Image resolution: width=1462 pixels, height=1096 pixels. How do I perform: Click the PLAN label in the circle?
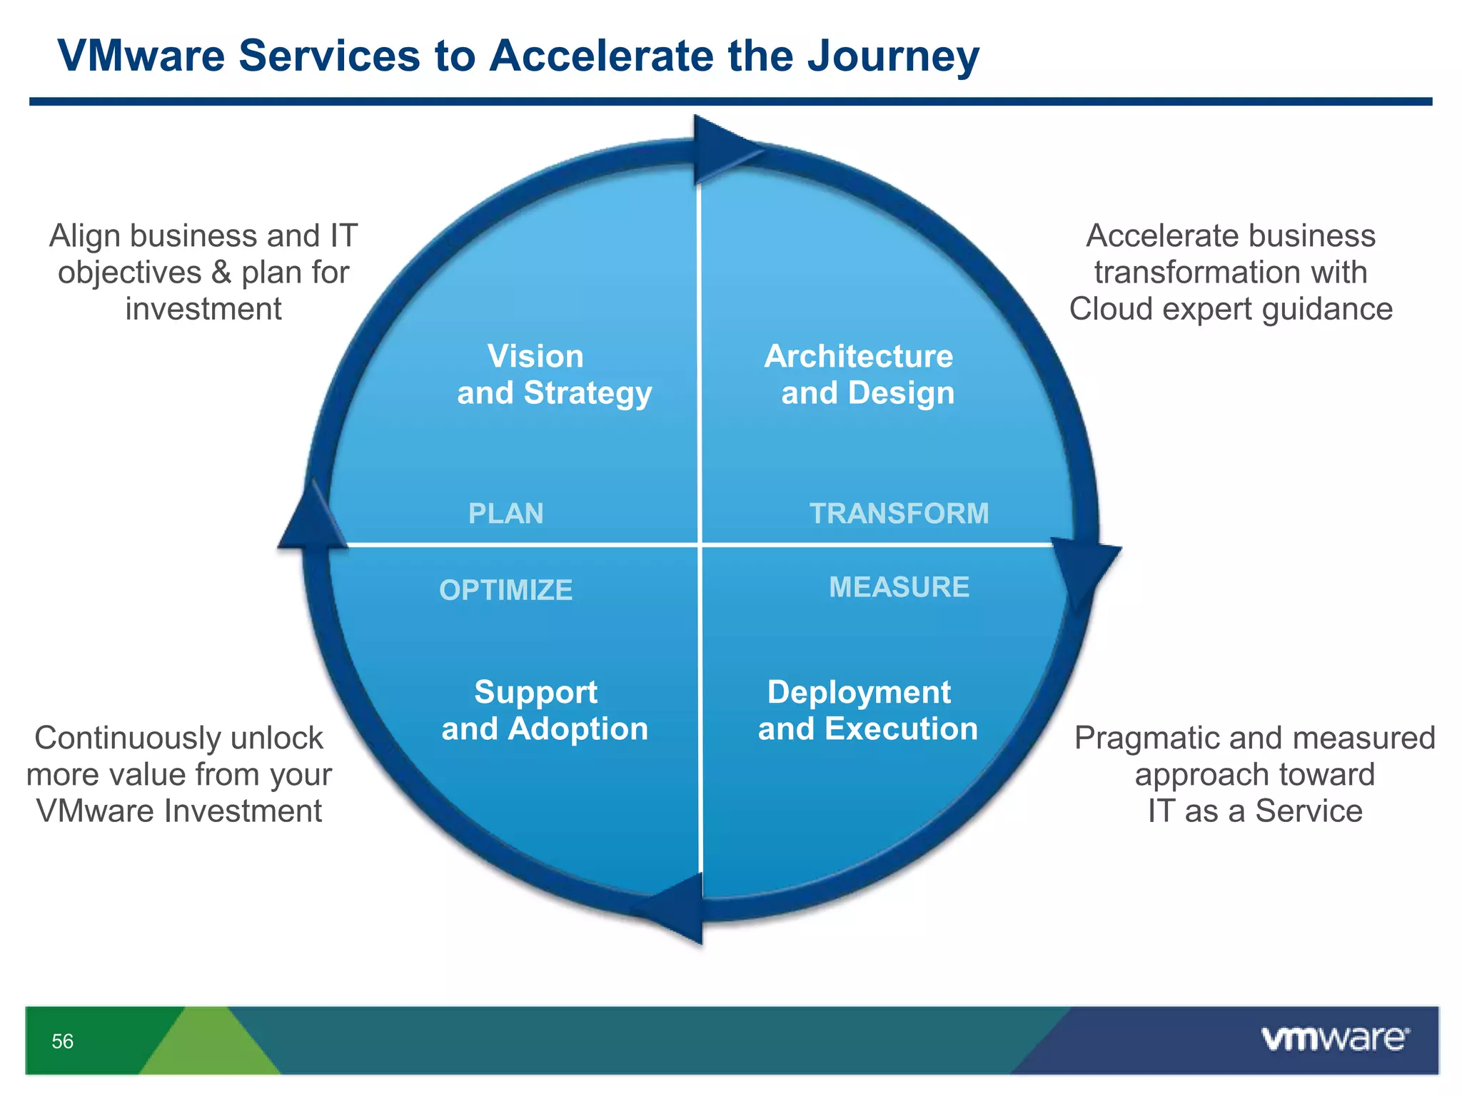(505, 514)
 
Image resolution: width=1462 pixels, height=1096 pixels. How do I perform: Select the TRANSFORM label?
(899, 514)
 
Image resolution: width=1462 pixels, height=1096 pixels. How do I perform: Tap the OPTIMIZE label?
(505, 590)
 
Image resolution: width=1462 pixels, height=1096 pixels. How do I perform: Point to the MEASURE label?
(899, 587)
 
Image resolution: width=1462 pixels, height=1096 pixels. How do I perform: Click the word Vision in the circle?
(535, 356)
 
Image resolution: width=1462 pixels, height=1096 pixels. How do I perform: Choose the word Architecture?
(858, 356)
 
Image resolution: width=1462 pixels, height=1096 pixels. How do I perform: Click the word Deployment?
(859, 692)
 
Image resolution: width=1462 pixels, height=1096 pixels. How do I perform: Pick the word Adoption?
(578, 729)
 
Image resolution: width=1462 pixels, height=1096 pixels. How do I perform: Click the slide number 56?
(63, 1041)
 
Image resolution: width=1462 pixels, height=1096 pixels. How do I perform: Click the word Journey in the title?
(893, 56)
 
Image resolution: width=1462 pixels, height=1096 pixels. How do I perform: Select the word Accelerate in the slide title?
(600, 56)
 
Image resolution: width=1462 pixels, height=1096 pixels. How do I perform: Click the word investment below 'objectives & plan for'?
(203, 309)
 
